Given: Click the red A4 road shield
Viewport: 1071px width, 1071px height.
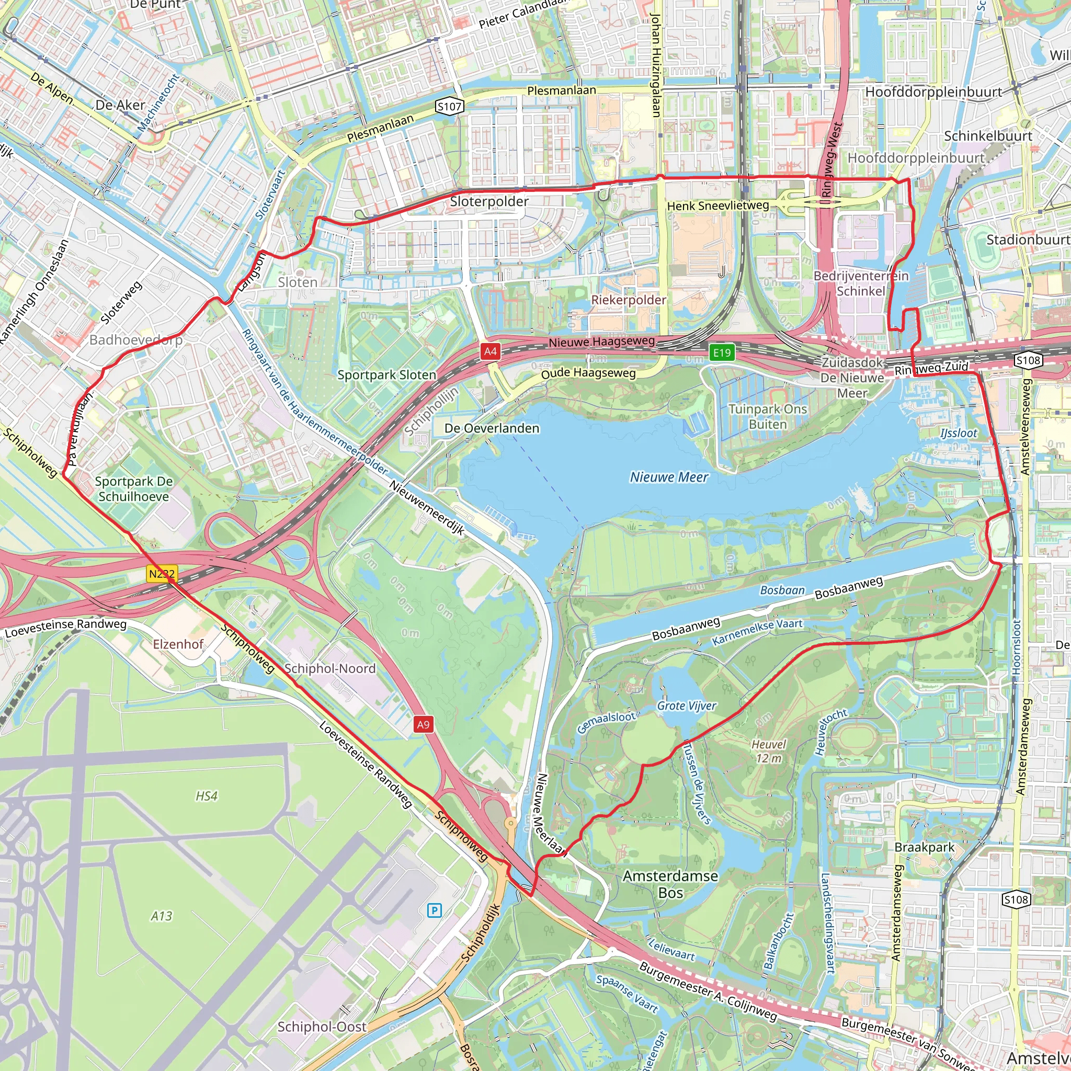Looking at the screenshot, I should click(x=490, y=351).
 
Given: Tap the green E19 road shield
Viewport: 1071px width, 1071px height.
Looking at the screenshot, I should click(x=722, y=352).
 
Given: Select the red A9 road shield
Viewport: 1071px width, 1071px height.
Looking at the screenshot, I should click(x=423, y=724).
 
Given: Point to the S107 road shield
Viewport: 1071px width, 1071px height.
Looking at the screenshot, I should click(x=449, y=107).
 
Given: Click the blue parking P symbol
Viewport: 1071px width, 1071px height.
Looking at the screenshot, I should click(x=435, y=910).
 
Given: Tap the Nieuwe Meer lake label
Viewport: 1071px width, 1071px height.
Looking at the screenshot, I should click(x=668, y=477).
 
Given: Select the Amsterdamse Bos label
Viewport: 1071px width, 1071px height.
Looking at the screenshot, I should click(x=670, y=884).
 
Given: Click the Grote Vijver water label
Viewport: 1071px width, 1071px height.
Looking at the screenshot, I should click(x=686, y=705).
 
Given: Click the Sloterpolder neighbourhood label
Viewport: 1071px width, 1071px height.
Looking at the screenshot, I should click(x=489, y=201).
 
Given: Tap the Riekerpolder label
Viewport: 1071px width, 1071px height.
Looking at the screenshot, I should click(x=629, y=300).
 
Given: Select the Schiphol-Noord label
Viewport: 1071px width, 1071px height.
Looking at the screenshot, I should click(x=330, y=668).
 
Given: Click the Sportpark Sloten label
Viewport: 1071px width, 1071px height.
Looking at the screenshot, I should click(x=386, y=375).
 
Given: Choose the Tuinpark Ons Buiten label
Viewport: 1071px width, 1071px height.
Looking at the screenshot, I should click(x=767, y=416).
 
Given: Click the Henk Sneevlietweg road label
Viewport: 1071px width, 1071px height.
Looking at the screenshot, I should click(x=718, y=206).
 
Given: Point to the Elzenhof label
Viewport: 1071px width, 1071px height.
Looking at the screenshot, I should click(x=178, y=644).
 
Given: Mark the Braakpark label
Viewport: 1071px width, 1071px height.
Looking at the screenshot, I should click(x=924, y=847).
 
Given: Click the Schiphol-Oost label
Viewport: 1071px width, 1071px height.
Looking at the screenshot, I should click(x=322, y=1027).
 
